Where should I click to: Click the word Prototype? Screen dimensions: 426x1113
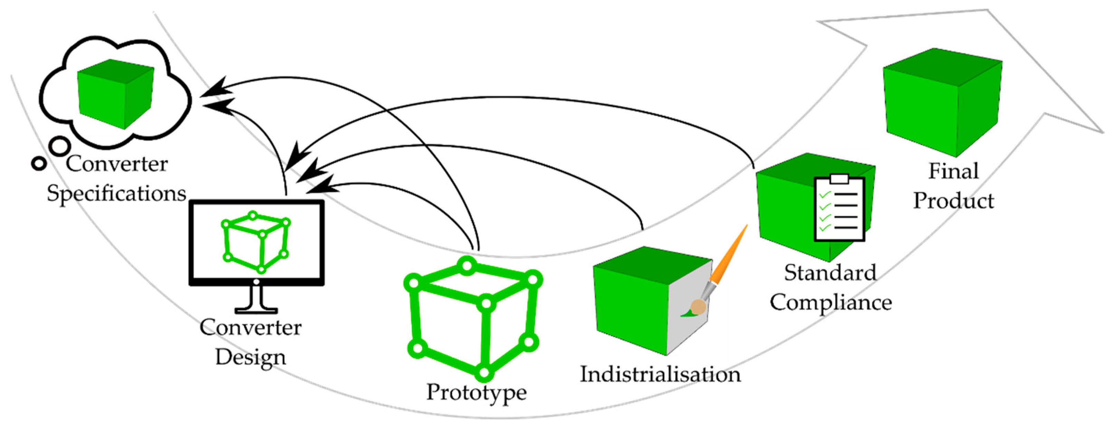pyautogui.click(x=476, y=392)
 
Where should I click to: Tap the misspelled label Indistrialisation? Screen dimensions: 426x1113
pyautogui.click(x=660, y=374)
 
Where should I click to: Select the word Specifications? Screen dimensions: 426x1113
pyautogui.click(x=116, y=193)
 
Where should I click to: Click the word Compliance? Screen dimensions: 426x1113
pyautogui.click(x=831, y=302)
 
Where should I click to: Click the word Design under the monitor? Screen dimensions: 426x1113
pyautogui.click(x=251, y=357)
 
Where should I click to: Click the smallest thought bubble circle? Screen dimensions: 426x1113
pyautogui.click(x=39, y=163)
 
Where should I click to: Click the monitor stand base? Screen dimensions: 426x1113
pyautogui.click(x=256, y=310)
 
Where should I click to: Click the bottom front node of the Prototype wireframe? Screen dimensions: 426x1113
pyautogui.click(x=484, y=372)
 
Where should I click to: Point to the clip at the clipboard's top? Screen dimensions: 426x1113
pyautogui.click(x=839, y=179)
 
